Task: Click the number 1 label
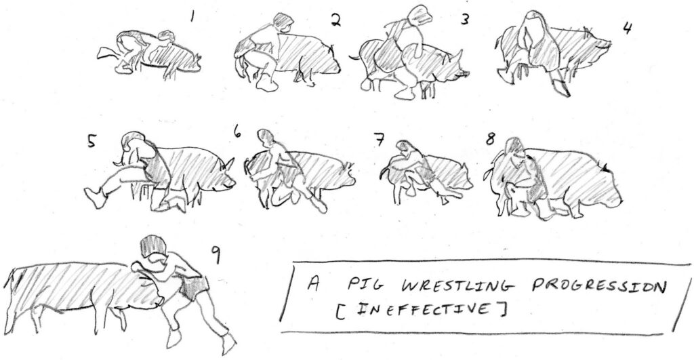click(192, 17)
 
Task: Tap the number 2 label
click(336, 20)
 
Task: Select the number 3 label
click(464, 20)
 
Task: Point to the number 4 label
click(627, 28)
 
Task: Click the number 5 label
click(91, 141)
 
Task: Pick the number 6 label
click(238, 131)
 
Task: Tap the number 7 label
click(379, 140)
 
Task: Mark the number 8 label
click(491, 139)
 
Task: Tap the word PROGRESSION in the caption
click(598, 288)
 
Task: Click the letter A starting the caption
click(313, 284)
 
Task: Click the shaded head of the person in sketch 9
click(153, 247)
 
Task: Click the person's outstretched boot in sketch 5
click(95, 197)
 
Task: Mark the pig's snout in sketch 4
click(605, 45)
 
